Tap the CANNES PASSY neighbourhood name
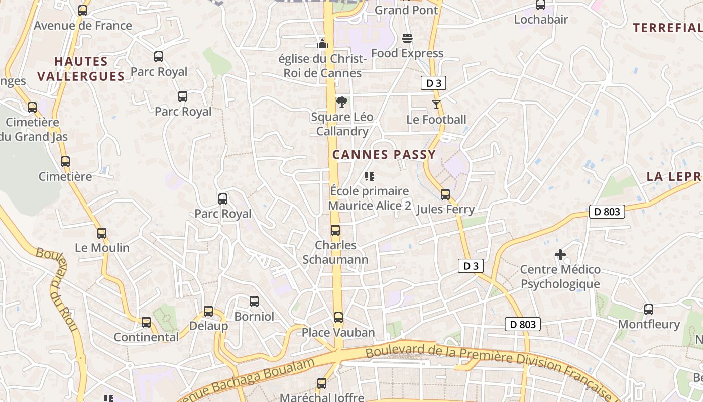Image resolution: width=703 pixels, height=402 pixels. point(384,154)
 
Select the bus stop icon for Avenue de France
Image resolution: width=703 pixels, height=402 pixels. point(83,10)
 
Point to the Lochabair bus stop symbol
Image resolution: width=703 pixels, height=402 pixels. point(541,5)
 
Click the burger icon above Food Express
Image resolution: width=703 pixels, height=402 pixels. point(407,38)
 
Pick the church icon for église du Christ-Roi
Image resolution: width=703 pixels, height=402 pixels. point(322,44)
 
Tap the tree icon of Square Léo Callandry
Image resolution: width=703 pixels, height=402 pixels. point(342,102)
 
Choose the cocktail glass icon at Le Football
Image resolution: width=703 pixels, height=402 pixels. point(436,105)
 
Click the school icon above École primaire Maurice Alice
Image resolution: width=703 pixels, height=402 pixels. point(370,176)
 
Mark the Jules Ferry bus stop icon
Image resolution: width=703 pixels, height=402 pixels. point(445,194)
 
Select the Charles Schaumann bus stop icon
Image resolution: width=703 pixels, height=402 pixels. point(335,231)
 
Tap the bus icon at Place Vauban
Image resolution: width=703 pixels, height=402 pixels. point(338,318)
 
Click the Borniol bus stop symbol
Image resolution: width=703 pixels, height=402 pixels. point(254,301)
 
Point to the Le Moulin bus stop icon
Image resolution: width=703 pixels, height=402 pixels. point(102,233)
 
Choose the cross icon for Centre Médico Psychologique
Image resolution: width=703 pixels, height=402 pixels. point(560,255)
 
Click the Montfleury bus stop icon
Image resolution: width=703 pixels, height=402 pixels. point(649,309)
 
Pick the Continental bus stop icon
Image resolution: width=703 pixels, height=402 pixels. point(146,322)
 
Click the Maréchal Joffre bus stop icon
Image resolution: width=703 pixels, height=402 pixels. point(322,383)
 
